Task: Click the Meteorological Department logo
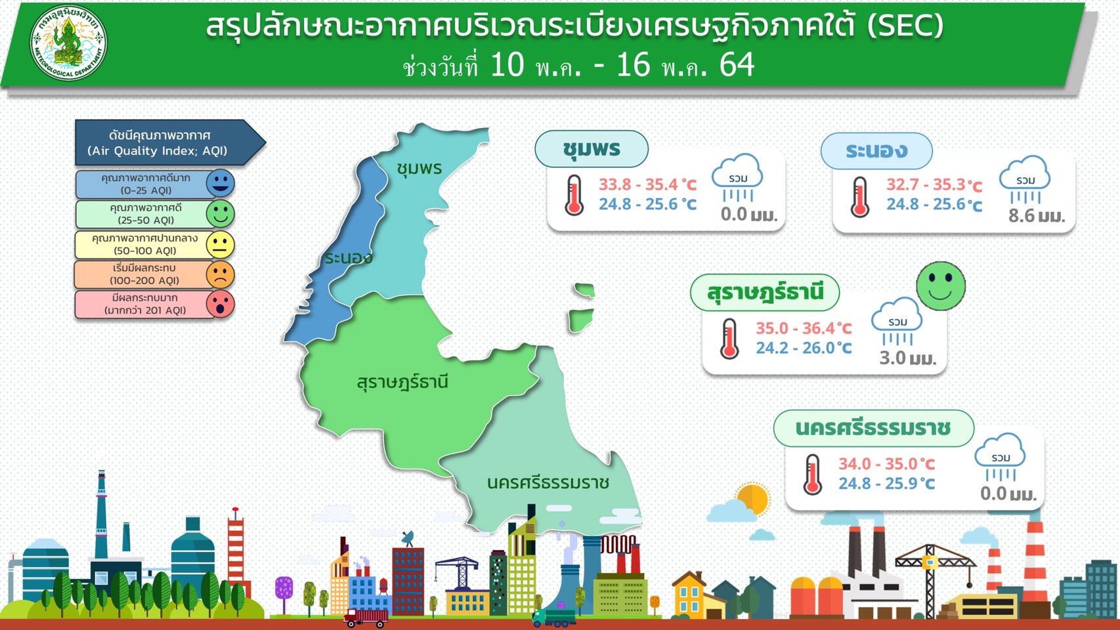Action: coord(68,43)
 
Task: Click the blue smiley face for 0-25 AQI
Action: coord(221,183)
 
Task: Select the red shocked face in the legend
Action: coord(221,303)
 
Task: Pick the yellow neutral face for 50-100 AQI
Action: coord(221,244)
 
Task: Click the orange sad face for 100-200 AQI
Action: coord(221,274)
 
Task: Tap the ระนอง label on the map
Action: coord(349,258)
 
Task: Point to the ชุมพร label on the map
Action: coord(419,169)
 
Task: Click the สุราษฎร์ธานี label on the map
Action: coord(402,382)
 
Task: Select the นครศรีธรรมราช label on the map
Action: coord(548,483)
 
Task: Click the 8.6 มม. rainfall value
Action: coord(1037,216)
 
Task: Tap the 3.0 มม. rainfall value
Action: coord(907,358)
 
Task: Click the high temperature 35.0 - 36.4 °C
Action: coord(804,328)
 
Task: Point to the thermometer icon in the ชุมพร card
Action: coord(574,196)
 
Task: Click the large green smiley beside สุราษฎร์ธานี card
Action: coord(941,286)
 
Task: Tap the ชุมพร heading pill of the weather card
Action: coord(592,149)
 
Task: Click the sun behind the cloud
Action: coord(752,499)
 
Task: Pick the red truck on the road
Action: coord(366,617)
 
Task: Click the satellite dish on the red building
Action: coord(408,539)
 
